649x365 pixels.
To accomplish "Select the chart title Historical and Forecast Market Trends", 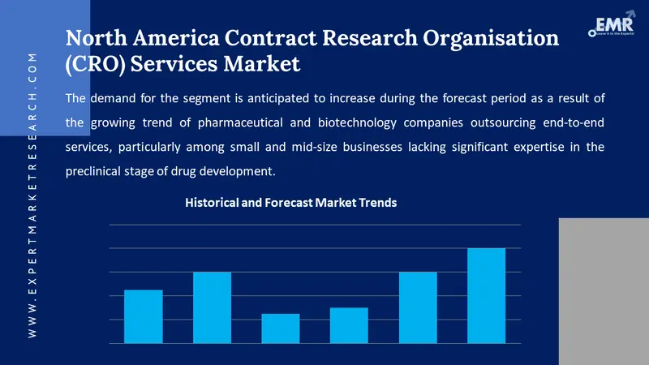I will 291,203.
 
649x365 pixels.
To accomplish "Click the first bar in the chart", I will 144,316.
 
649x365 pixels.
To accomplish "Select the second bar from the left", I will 212,307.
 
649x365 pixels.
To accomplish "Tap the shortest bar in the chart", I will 281,328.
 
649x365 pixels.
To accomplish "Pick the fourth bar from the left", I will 349,325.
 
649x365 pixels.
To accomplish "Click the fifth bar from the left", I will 418,307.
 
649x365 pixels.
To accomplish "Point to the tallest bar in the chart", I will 486,295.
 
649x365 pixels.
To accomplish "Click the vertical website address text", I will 33,195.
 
